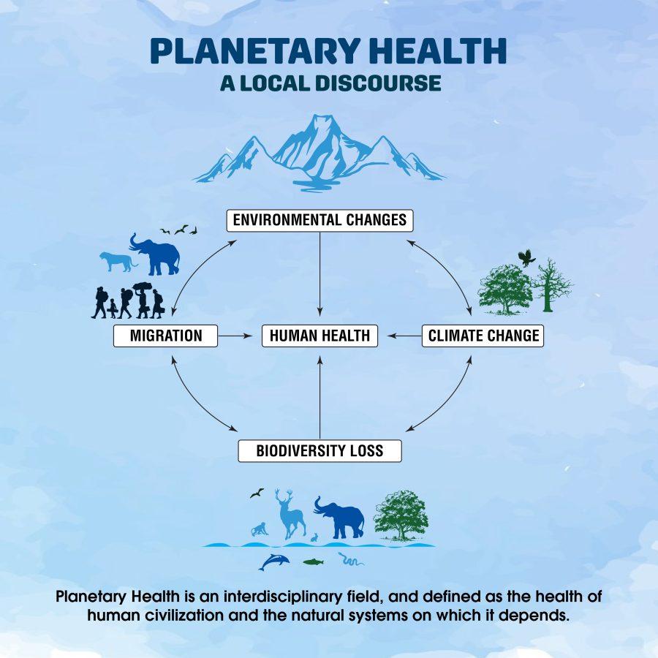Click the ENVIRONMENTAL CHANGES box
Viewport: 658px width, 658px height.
pyautogui.click(x=319, y=220)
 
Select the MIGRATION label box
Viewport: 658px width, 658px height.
pyautogui.click(x=165, y=336)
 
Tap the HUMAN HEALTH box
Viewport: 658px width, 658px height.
pyautogui.click(x=319, y=336)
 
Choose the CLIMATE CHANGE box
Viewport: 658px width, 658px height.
pyautogui.click(x=483, y=336)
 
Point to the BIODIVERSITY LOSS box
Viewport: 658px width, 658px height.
pyautogui.click(x=319, y=450)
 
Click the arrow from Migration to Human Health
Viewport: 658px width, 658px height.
pyautogui.click(x=235, y=336)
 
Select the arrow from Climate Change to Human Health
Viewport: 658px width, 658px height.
pyautogui.click(x=404, y=336)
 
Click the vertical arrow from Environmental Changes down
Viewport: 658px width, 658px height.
pyautogui.click(x=319, y=274)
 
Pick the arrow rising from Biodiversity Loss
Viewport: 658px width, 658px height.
pyautogui.click(x=319, y=398)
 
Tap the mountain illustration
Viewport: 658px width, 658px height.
pyautogui.click(x=319, y=154)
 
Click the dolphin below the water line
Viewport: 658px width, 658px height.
pyautogui.click(x=274, y=561)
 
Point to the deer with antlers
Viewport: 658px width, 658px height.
pyautogui.click(x=290, y=514)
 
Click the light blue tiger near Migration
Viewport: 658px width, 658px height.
pyautogui.click(x=118, y=262)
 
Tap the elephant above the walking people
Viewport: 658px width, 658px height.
pyautogui.click(x=155, y=254)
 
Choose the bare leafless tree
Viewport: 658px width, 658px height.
pyautogui.click(x=551, y=285)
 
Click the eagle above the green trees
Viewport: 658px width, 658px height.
pyautogui.click(x=526, y=257)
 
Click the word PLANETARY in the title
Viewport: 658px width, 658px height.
pyautogui.click(x=255, y=50)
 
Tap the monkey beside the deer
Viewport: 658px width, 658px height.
pyautogui.click(x=260, y=529)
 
